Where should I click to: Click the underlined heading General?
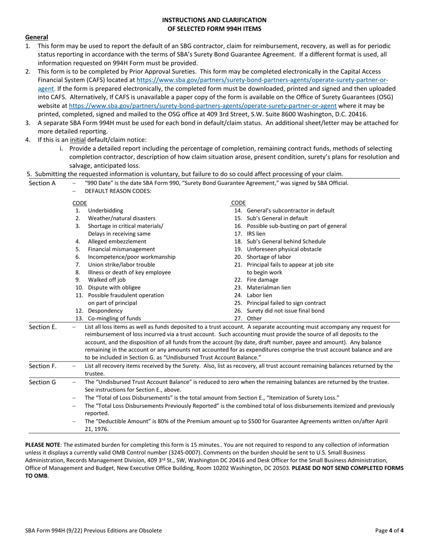pos(37,37)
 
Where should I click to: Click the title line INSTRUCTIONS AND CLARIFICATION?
pos(214,20)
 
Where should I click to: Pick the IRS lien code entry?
pos(256,234)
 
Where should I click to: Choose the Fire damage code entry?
pos(262,280)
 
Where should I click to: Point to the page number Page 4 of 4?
pos(389,531)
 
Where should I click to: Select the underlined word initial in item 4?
pos(78,140)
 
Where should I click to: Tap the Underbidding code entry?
pos(105,210)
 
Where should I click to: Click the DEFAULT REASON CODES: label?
pos(118,191)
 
